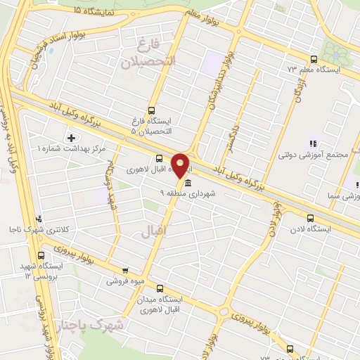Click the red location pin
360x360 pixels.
(181, 165)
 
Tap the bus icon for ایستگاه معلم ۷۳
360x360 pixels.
(313, 60)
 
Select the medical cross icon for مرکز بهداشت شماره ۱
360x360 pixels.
(70, 137)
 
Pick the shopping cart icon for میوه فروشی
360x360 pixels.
(125, 269)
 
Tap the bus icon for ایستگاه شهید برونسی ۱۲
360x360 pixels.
(41, 255)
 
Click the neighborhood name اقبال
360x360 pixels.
(151, 230)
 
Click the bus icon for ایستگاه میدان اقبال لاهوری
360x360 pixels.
(159, 288)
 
